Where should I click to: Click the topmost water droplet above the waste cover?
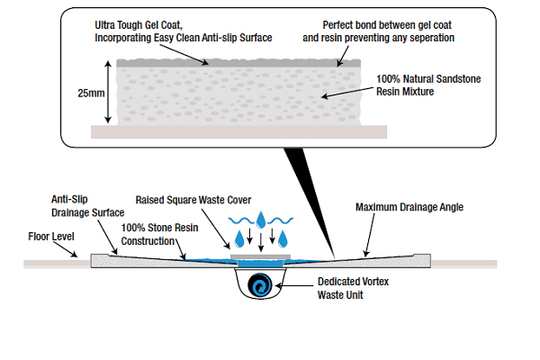click(260, 220)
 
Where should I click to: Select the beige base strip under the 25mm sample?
click(239, 131)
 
